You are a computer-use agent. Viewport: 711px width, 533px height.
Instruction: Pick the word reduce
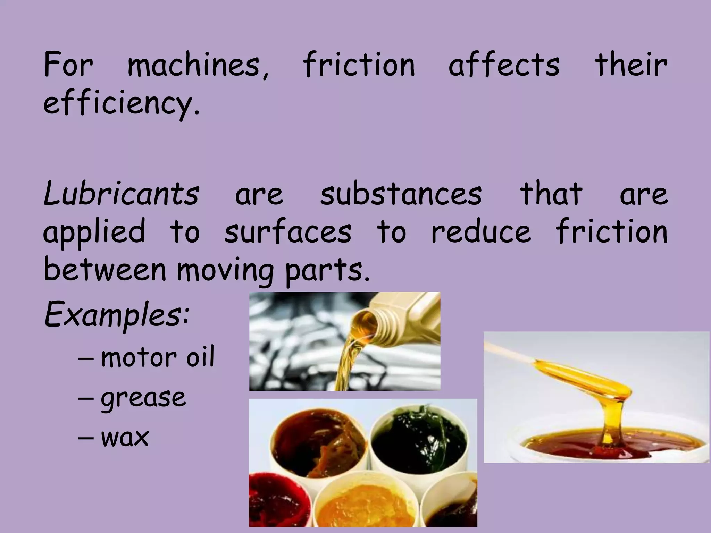pyautogui.click(x=481, y=231)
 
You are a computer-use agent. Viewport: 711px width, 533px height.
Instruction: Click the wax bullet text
pyautogui.click(x=125, y=437)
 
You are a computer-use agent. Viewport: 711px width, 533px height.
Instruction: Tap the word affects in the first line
pyautogui.click(x=504, y=65)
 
